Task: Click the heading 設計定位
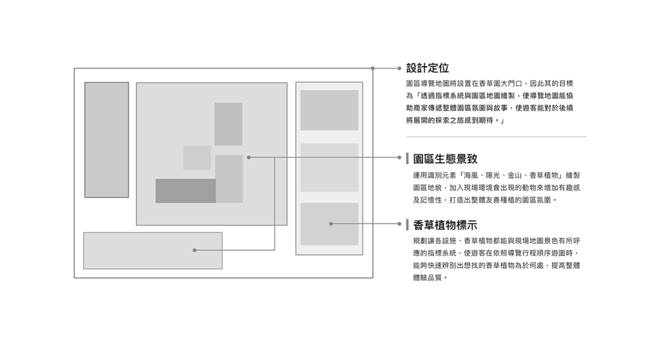[428, 68]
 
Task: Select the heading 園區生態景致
[445, 159]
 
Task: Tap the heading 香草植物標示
[445, 225]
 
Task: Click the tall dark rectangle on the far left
[106, 139]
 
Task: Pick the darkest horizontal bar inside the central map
[186, 190]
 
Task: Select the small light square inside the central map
[197, 157]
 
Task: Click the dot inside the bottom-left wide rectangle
[194, 250]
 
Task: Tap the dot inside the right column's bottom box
[331, 224]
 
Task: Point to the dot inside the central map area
[249, 157]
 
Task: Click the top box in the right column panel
[329, 110]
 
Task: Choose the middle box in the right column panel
[329, 167]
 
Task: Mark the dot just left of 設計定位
[399, 68]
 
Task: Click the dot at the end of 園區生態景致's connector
[399, 157]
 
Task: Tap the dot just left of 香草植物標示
[399, 224]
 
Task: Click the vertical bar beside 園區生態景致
[407, 159]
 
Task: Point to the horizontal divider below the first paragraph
[496, 137]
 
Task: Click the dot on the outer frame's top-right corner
[373, 68]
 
